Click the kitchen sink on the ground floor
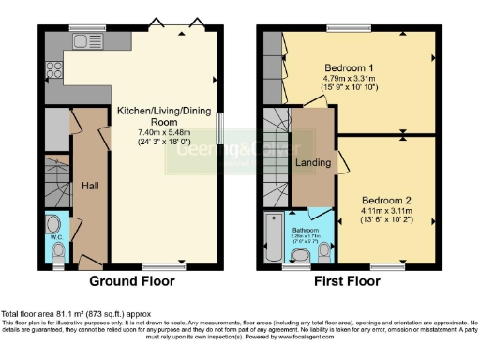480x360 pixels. point(80,41)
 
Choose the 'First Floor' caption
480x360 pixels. point(348,280)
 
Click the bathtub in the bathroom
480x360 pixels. point(273,240)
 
